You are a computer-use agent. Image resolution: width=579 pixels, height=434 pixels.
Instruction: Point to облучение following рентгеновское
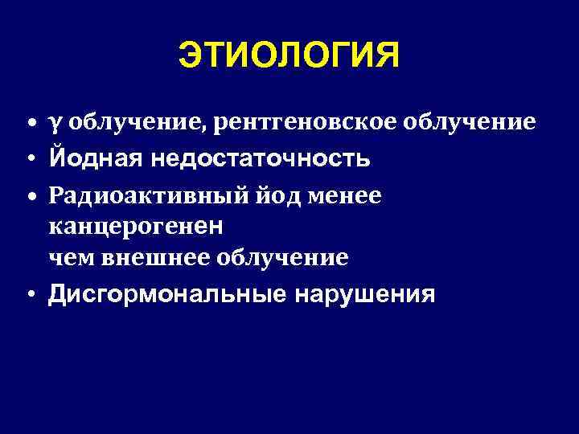468,122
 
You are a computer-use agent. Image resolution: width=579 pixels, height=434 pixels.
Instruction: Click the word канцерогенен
136,227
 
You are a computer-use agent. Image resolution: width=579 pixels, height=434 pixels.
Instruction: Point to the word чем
68,257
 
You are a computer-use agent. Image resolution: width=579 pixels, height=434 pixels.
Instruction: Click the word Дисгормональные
167,295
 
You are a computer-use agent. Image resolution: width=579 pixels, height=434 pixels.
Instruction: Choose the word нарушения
366,295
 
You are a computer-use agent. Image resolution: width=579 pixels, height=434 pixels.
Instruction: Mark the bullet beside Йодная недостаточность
29,159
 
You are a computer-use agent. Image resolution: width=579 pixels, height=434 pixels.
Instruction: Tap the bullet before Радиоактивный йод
29,196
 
